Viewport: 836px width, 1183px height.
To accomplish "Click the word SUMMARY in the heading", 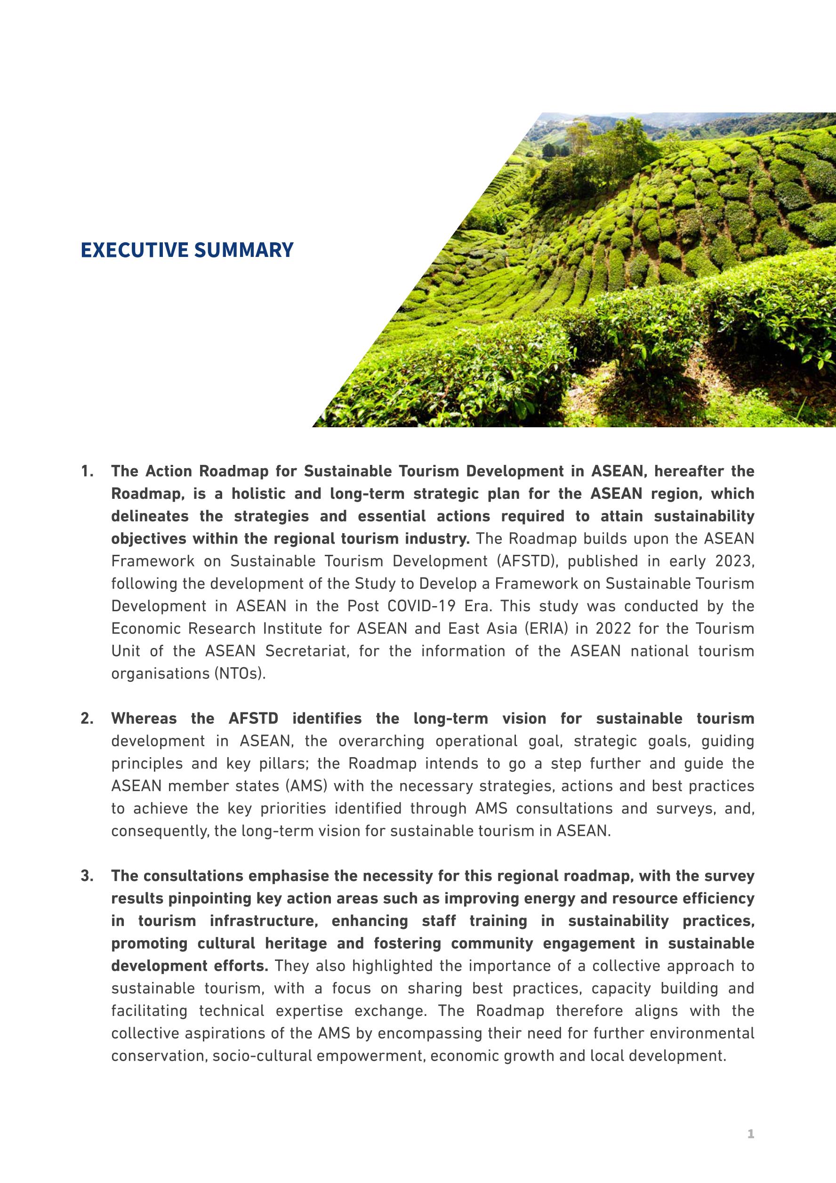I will (244, 250).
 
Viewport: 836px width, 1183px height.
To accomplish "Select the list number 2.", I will (87, 719).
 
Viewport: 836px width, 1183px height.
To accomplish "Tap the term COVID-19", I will (422, 606).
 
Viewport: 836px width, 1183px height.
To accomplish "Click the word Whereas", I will (144, 719).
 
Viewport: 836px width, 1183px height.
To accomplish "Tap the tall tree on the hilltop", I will (616, 139).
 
